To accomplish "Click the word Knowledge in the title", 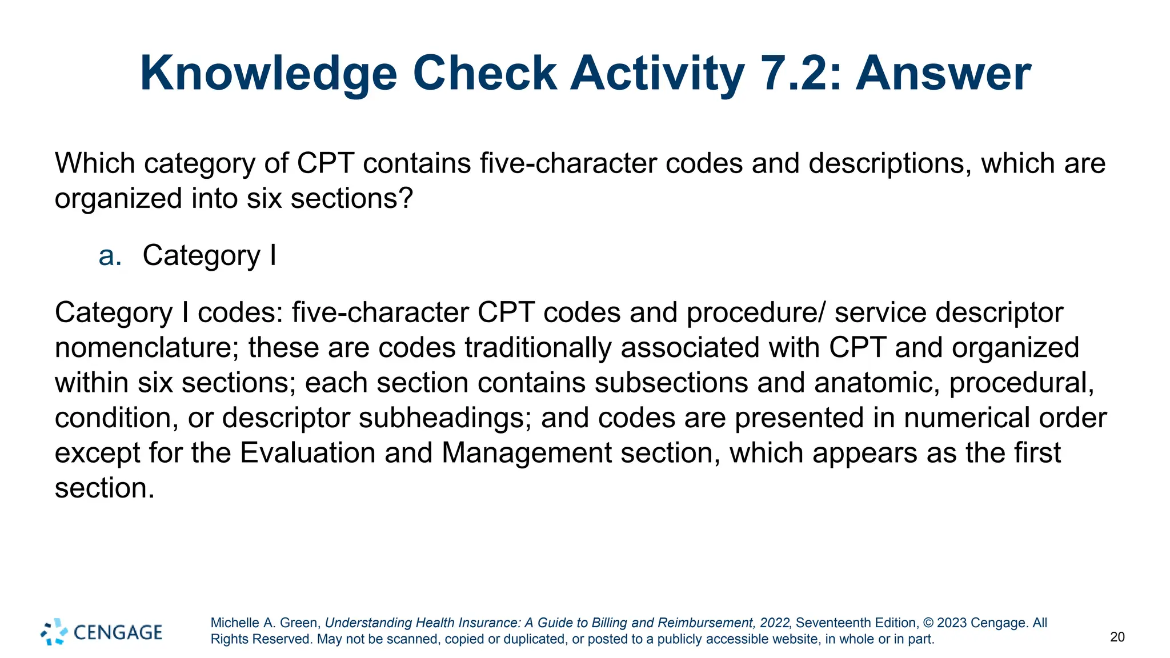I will coord(268,74).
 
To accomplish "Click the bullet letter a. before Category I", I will coord(110,255).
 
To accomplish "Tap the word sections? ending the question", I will coord(351,199).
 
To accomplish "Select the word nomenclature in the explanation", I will coord(146,348).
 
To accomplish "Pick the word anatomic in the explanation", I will coord(877,383).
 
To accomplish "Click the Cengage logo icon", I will coord(54,632).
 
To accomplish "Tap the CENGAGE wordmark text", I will coord(118,632).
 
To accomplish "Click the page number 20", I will coord(1117,637).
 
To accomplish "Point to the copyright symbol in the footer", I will coord(928,623).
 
